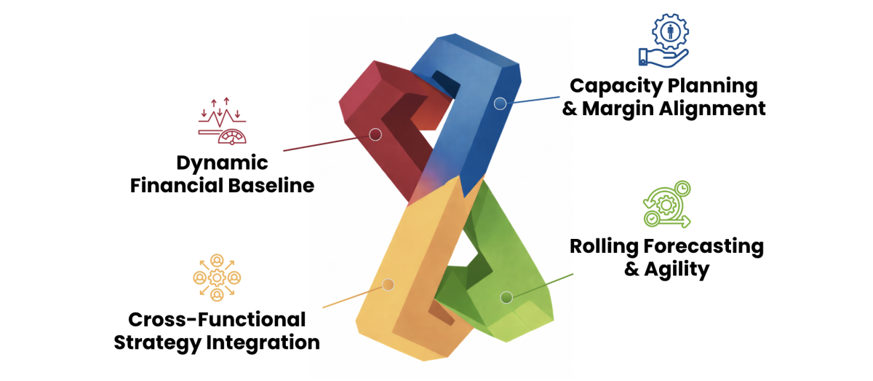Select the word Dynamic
pos(221,163)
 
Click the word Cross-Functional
pos(217,319)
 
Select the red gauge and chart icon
pos(223,120)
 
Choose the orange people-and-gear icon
pos(217,278)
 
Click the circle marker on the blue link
pos(500,103)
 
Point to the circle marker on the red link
pos(375,134)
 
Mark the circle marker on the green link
pos(506,296)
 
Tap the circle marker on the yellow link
pos(388,285)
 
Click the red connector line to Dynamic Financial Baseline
pos(327,143)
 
